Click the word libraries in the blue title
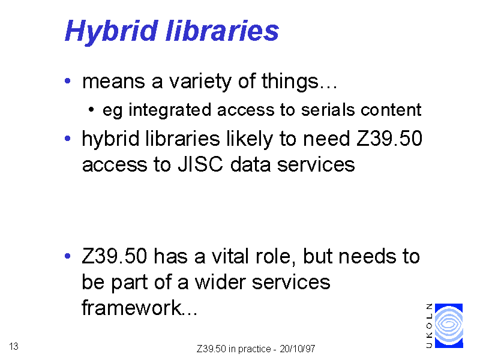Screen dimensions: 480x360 (222, 31)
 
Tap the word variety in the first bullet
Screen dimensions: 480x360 (200, 82)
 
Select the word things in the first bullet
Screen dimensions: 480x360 (290, 82)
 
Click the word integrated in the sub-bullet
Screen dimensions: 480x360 (170, 110)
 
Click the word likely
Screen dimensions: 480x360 (249, 139)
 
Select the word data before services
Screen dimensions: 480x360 (250, 164)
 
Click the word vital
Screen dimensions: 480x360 (230, 256)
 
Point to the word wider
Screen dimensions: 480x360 (220, 282)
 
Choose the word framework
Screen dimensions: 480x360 (131, 307)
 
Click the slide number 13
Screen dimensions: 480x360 (14, 346)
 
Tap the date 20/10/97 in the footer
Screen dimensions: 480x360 (297, 349)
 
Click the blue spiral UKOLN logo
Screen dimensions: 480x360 (449, 326)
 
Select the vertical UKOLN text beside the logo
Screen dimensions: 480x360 (430, 326)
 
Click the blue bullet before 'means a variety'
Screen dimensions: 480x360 (68, 81)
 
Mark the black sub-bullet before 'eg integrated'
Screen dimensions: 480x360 (91, 110)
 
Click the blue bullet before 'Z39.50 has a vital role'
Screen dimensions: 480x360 (68, 256)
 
